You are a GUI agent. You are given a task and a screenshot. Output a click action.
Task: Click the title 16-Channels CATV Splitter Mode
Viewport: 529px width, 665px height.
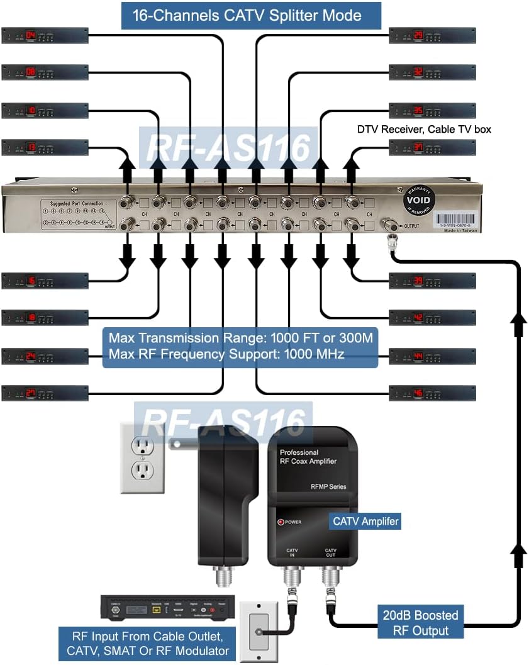coord(251,15)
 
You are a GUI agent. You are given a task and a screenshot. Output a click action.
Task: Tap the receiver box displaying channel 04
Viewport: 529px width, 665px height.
coord(45,35)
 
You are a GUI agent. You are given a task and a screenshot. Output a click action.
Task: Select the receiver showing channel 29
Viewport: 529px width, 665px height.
coord(432,35)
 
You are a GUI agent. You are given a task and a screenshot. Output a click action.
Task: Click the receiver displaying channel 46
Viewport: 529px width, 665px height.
coord(432,393)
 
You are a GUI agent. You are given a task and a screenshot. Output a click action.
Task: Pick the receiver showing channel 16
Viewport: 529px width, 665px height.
coord(45,281)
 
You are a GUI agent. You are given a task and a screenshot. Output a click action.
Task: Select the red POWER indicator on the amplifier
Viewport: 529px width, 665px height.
coord(281,522)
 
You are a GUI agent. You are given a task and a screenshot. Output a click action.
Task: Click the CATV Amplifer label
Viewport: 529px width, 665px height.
coord(365,522)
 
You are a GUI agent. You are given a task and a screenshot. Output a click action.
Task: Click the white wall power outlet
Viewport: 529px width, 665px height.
coord(143,457)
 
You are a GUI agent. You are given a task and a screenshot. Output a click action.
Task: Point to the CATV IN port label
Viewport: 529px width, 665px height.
coord(292,553)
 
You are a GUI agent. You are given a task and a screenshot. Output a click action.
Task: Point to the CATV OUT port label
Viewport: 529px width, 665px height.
coord(330,553)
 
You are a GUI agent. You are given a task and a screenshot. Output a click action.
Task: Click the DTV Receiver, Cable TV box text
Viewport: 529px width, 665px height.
coord(423,129)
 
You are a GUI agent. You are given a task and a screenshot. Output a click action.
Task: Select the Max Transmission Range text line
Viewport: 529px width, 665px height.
coord(241,338)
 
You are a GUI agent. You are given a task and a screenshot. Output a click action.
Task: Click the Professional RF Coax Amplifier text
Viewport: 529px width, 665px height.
coord(308,457)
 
